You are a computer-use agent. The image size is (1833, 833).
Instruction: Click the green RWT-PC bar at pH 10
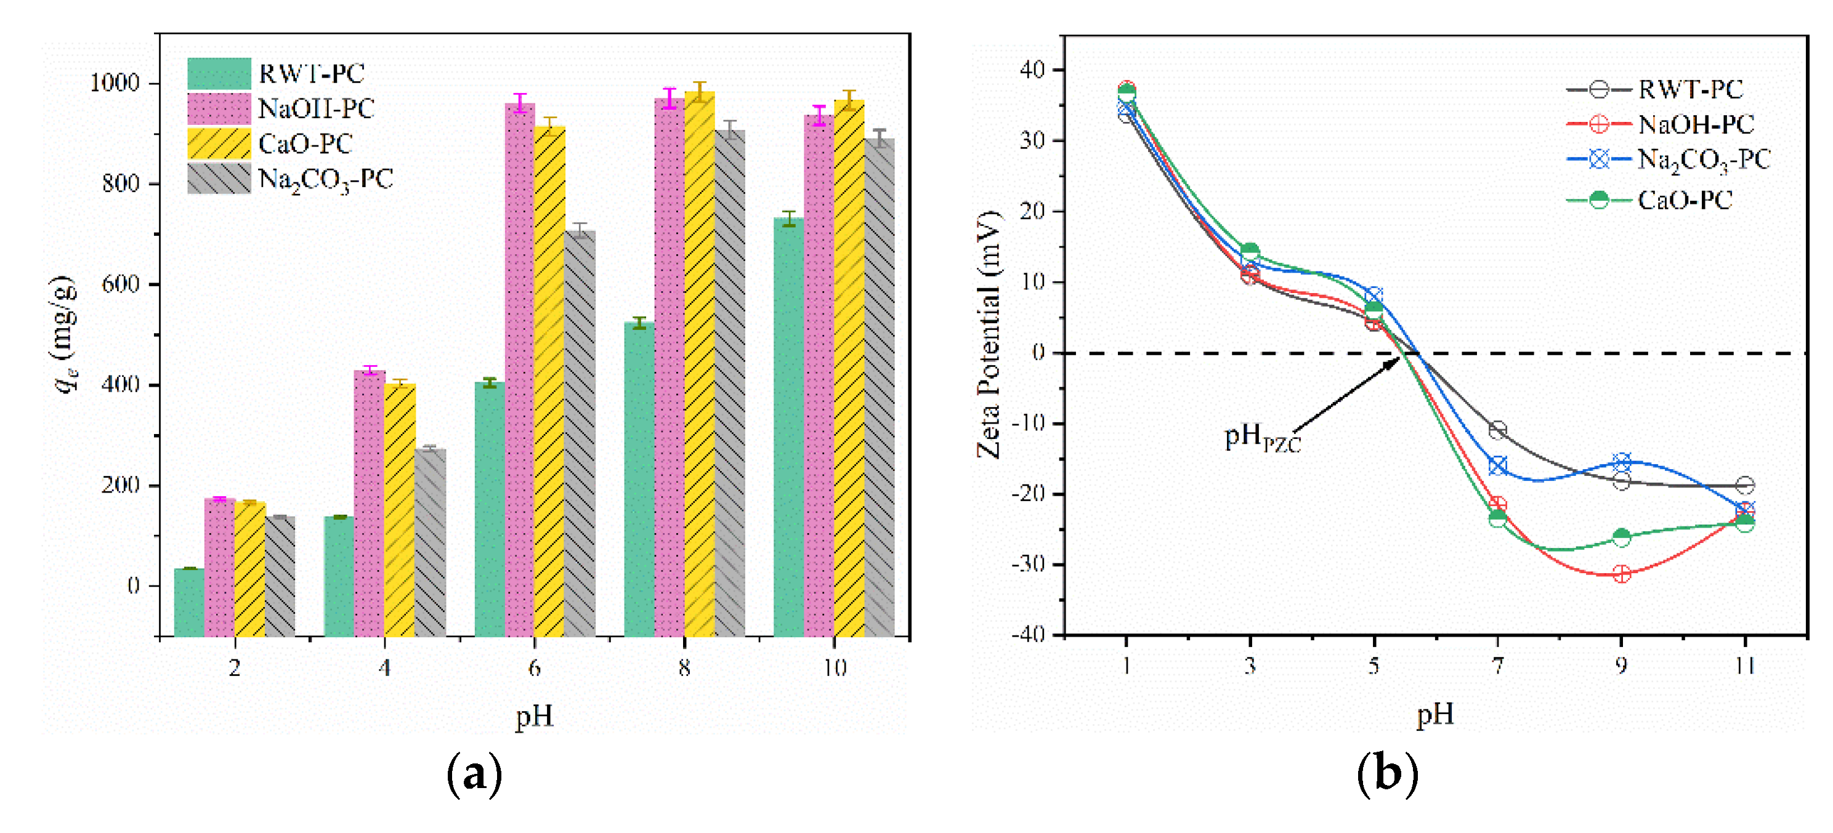tap(788, 427)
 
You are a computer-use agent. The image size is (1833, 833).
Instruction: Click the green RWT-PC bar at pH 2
tap(188, 601)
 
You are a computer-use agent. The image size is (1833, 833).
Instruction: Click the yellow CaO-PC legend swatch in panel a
tap(219, 143)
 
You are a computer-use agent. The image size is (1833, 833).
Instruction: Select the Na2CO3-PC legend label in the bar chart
tap(325, 179)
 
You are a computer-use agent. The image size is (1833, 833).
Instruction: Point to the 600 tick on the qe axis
tap(120, 284)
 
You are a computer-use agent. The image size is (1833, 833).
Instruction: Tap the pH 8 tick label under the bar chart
tap(684, 667)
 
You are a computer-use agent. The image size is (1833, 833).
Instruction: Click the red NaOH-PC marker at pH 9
tap(1621, 574)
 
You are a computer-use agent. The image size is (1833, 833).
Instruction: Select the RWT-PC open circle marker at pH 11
tap(1745, 485)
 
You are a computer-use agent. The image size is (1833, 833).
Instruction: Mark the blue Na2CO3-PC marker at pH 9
tap(1621, 462)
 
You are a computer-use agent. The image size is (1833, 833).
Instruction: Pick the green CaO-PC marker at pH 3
tap(1250, 252)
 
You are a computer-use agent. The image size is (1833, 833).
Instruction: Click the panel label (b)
tap(1387, 773)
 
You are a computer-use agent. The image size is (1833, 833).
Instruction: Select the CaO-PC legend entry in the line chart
tap(1683, 201)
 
